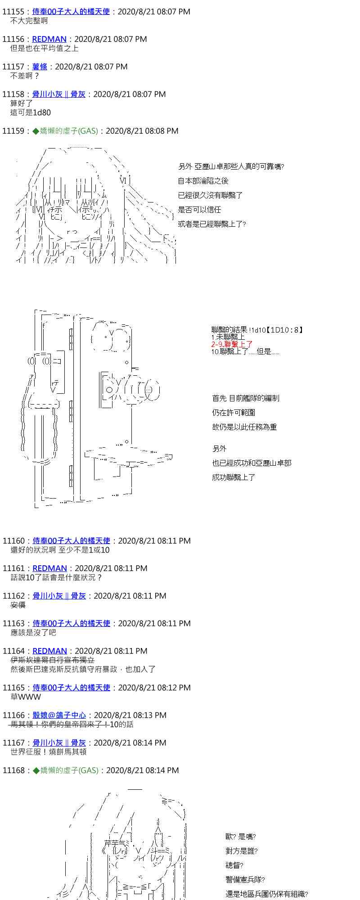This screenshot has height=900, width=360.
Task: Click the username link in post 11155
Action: (x=71, y=12)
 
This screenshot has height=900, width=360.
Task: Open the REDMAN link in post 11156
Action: (x=49, y=39)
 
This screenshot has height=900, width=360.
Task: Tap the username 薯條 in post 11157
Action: (x=40, y=67)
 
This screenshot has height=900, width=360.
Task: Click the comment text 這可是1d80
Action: (x=31, y=112)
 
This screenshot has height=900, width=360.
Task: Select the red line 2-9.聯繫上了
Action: (x=232, y=344)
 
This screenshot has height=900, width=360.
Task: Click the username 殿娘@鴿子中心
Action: (x=59, y=715)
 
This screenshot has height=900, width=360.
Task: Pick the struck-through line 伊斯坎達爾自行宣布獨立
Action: (x=53, y=660)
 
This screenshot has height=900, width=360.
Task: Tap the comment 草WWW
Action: (x=26, y=697)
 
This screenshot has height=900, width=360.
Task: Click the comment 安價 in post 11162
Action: (x=18, y=605)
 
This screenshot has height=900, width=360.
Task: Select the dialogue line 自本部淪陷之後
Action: (x=203, y=181)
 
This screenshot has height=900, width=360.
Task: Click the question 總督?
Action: (x=234, y=865)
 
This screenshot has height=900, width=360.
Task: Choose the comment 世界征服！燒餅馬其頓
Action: (x=49, y=752)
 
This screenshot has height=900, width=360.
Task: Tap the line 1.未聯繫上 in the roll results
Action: (x=228, y=337)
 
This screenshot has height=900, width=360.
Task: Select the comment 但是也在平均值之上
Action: (x=45, y=48)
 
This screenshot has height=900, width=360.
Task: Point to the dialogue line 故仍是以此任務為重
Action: (x=244, y=427)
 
